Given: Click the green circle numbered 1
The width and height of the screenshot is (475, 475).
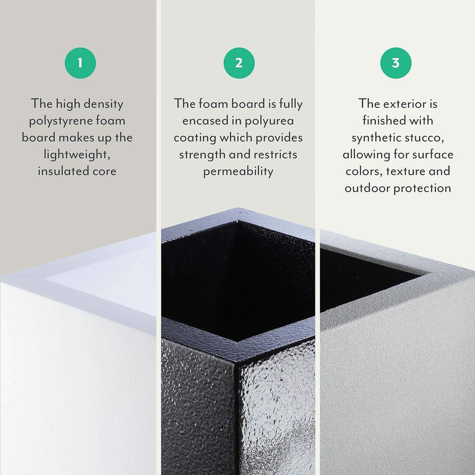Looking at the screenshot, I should (80, 63).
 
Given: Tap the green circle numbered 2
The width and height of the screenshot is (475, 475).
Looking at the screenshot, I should (239, 63).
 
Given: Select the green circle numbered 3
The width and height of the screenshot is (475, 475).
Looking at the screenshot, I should (396, 63).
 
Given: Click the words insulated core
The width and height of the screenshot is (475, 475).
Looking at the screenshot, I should (77, 171).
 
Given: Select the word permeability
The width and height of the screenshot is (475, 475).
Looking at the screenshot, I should (238, 171).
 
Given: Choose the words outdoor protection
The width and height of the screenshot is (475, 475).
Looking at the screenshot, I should (398, 188).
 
